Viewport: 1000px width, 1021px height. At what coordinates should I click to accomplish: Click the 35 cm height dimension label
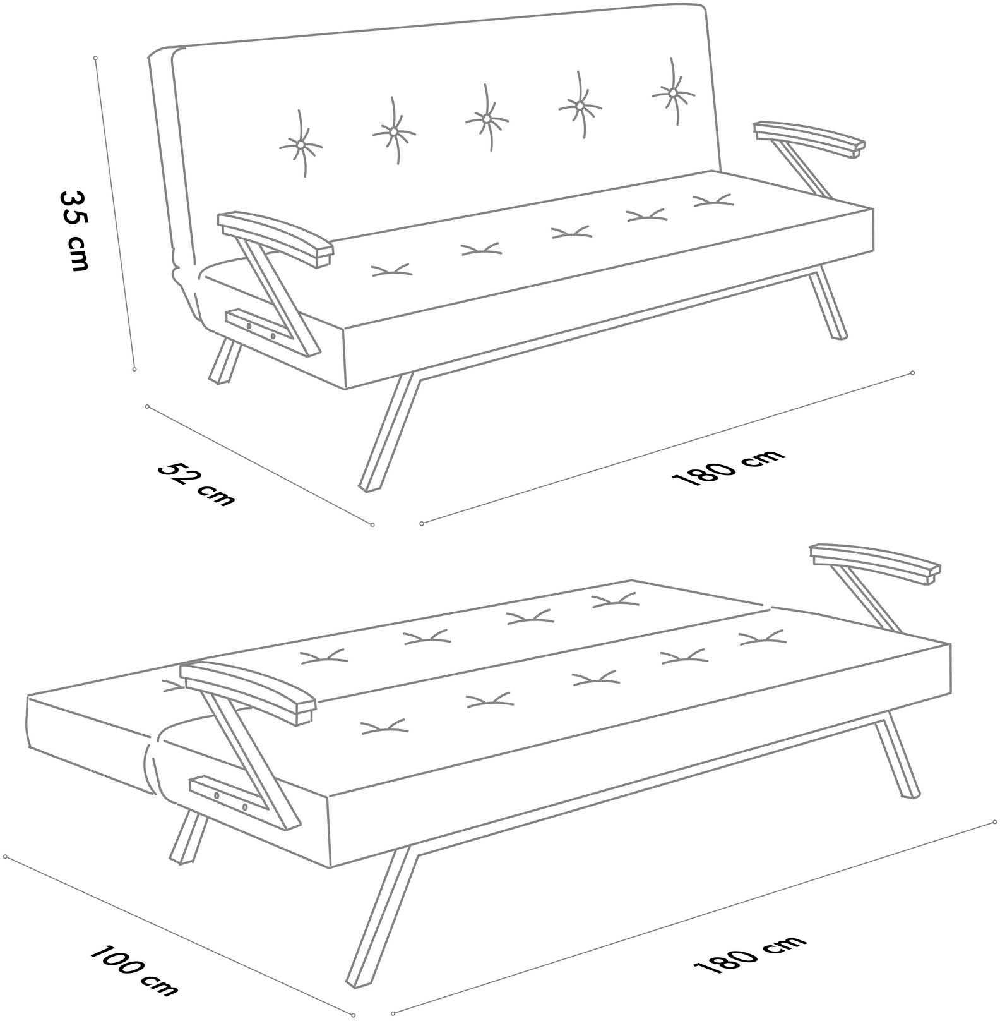pos(73,230)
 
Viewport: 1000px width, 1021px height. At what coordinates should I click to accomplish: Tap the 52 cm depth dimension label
pos(196,484)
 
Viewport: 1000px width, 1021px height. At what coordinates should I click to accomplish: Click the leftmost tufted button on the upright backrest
pos(301,145)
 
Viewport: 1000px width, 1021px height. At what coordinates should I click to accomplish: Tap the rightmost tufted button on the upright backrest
pos(673,92)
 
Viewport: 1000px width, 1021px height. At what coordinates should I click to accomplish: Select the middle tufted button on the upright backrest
pos(486,118)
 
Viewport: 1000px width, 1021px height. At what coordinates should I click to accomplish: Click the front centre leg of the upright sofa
pos(388,432)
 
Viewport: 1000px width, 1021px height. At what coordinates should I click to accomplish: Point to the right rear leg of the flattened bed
pos(897,755)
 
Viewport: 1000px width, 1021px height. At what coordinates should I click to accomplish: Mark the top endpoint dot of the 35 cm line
pos(95,58)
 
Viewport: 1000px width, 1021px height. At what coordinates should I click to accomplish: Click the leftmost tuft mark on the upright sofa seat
pos(391,270)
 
